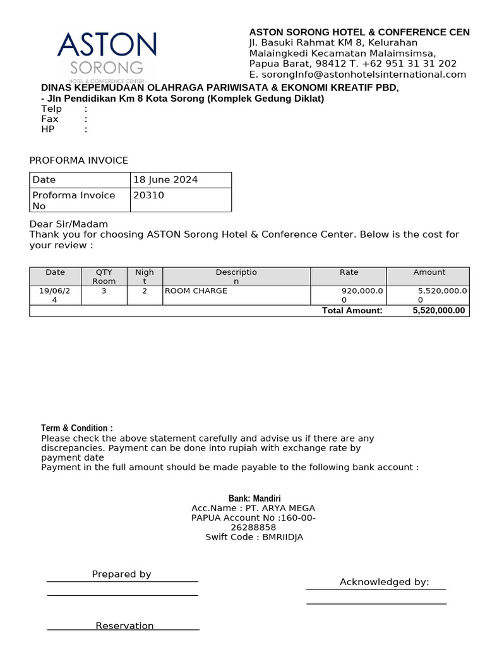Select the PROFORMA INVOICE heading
79,160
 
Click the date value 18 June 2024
165,180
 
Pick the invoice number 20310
149,196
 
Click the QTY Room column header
104,277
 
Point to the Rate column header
349,272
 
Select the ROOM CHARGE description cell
196,291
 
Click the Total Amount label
352,310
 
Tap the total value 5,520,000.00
438,310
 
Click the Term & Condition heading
77,428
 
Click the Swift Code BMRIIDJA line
254,537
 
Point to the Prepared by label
121,574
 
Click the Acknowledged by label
384,582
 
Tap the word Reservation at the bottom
124,626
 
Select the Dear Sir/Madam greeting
69,224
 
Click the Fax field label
50,119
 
